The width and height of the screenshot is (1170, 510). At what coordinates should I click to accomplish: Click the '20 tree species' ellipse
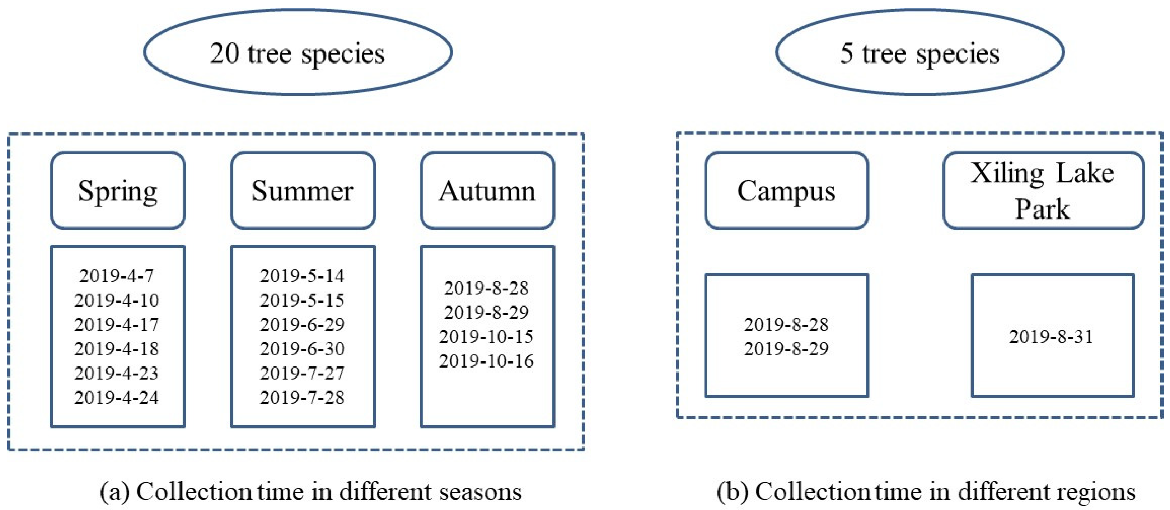(x=298, y=52)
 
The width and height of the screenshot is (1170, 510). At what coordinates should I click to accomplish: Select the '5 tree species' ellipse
(x=920, y=52)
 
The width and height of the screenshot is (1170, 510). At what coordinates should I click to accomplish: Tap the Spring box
(x=118, y=190)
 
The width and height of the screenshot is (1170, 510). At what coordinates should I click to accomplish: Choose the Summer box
(x=303, y=190)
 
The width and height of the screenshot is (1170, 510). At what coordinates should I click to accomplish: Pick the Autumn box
(x=487, y=190)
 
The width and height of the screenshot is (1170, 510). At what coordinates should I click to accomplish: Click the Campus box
(x=786, y=190)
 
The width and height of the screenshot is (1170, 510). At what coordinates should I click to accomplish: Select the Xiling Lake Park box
(x=1043, y=190)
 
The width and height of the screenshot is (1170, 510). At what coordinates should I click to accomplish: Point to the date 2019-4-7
(x=117, y=276)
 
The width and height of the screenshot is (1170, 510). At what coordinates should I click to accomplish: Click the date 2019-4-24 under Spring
(x=117, y=398)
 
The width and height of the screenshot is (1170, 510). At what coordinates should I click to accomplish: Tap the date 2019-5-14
(x=302, y=276)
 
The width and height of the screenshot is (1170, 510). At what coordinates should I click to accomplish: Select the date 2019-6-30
(x=302, y=349)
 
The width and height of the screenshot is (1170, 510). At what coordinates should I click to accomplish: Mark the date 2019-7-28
(x=302, y=398)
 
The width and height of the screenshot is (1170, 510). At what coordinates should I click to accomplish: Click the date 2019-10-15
(x=486, y=337)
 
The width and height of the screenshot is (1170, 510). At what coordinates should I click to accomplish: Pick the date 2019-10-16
(x=486, y=361)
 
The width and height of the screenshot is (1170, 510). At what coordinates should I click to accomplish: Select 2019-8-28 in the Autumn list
(x=486, y=288)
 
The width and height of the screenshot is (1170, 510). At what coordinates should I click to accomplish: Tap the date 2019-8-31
(x=1052, y=337)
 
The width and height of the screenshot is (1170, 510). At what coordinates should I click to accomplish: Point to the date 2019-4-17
(x=117, y=324)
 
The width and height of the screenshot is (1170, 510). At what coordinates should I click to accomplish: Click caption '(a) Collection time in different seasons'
(x=311, y=492)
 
